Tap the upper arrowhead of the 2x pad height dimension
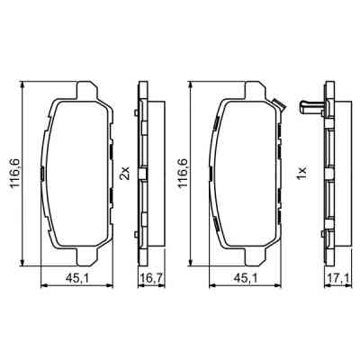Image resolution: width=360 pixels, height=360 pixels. tap(20, 85)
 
